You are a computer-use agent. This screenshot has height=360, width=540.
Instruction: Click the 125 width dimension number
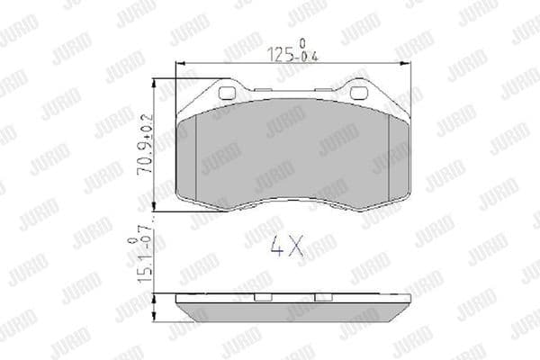(283, 55)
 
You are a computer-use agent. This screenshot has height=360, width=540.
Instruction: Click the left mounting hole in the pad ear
(227, 93)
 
